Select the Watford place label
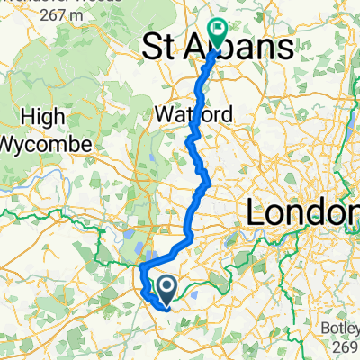click(x=193, y=115)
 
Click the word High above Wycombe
click(x=41, y=117)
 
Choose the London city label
click(x=301, y=213)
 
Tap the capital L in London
click(x=256, y=213)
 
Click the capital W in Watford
click(x=164, y=115)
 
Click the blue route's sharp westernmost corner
click(x=141, y=266)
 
